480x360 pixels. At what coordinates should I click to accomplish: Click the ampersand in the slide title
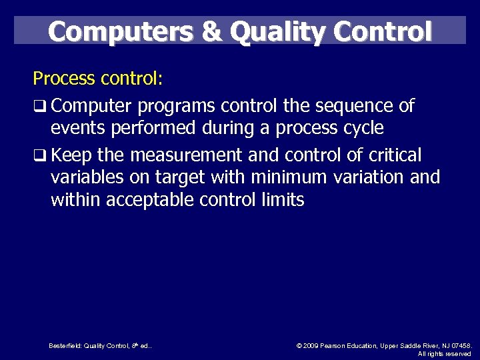[x=213, y=31]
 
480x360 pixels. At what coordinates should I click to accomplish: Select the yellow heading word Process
[x=64, y=79]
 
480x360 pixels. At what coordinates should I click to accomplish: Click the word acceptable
[x=149, y=199]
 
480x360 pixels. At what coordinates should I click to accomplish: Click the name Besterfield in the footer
[x=64, y=345]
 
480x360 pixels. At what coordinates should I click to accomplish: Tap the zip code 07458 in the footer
[x=461, y=345]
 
